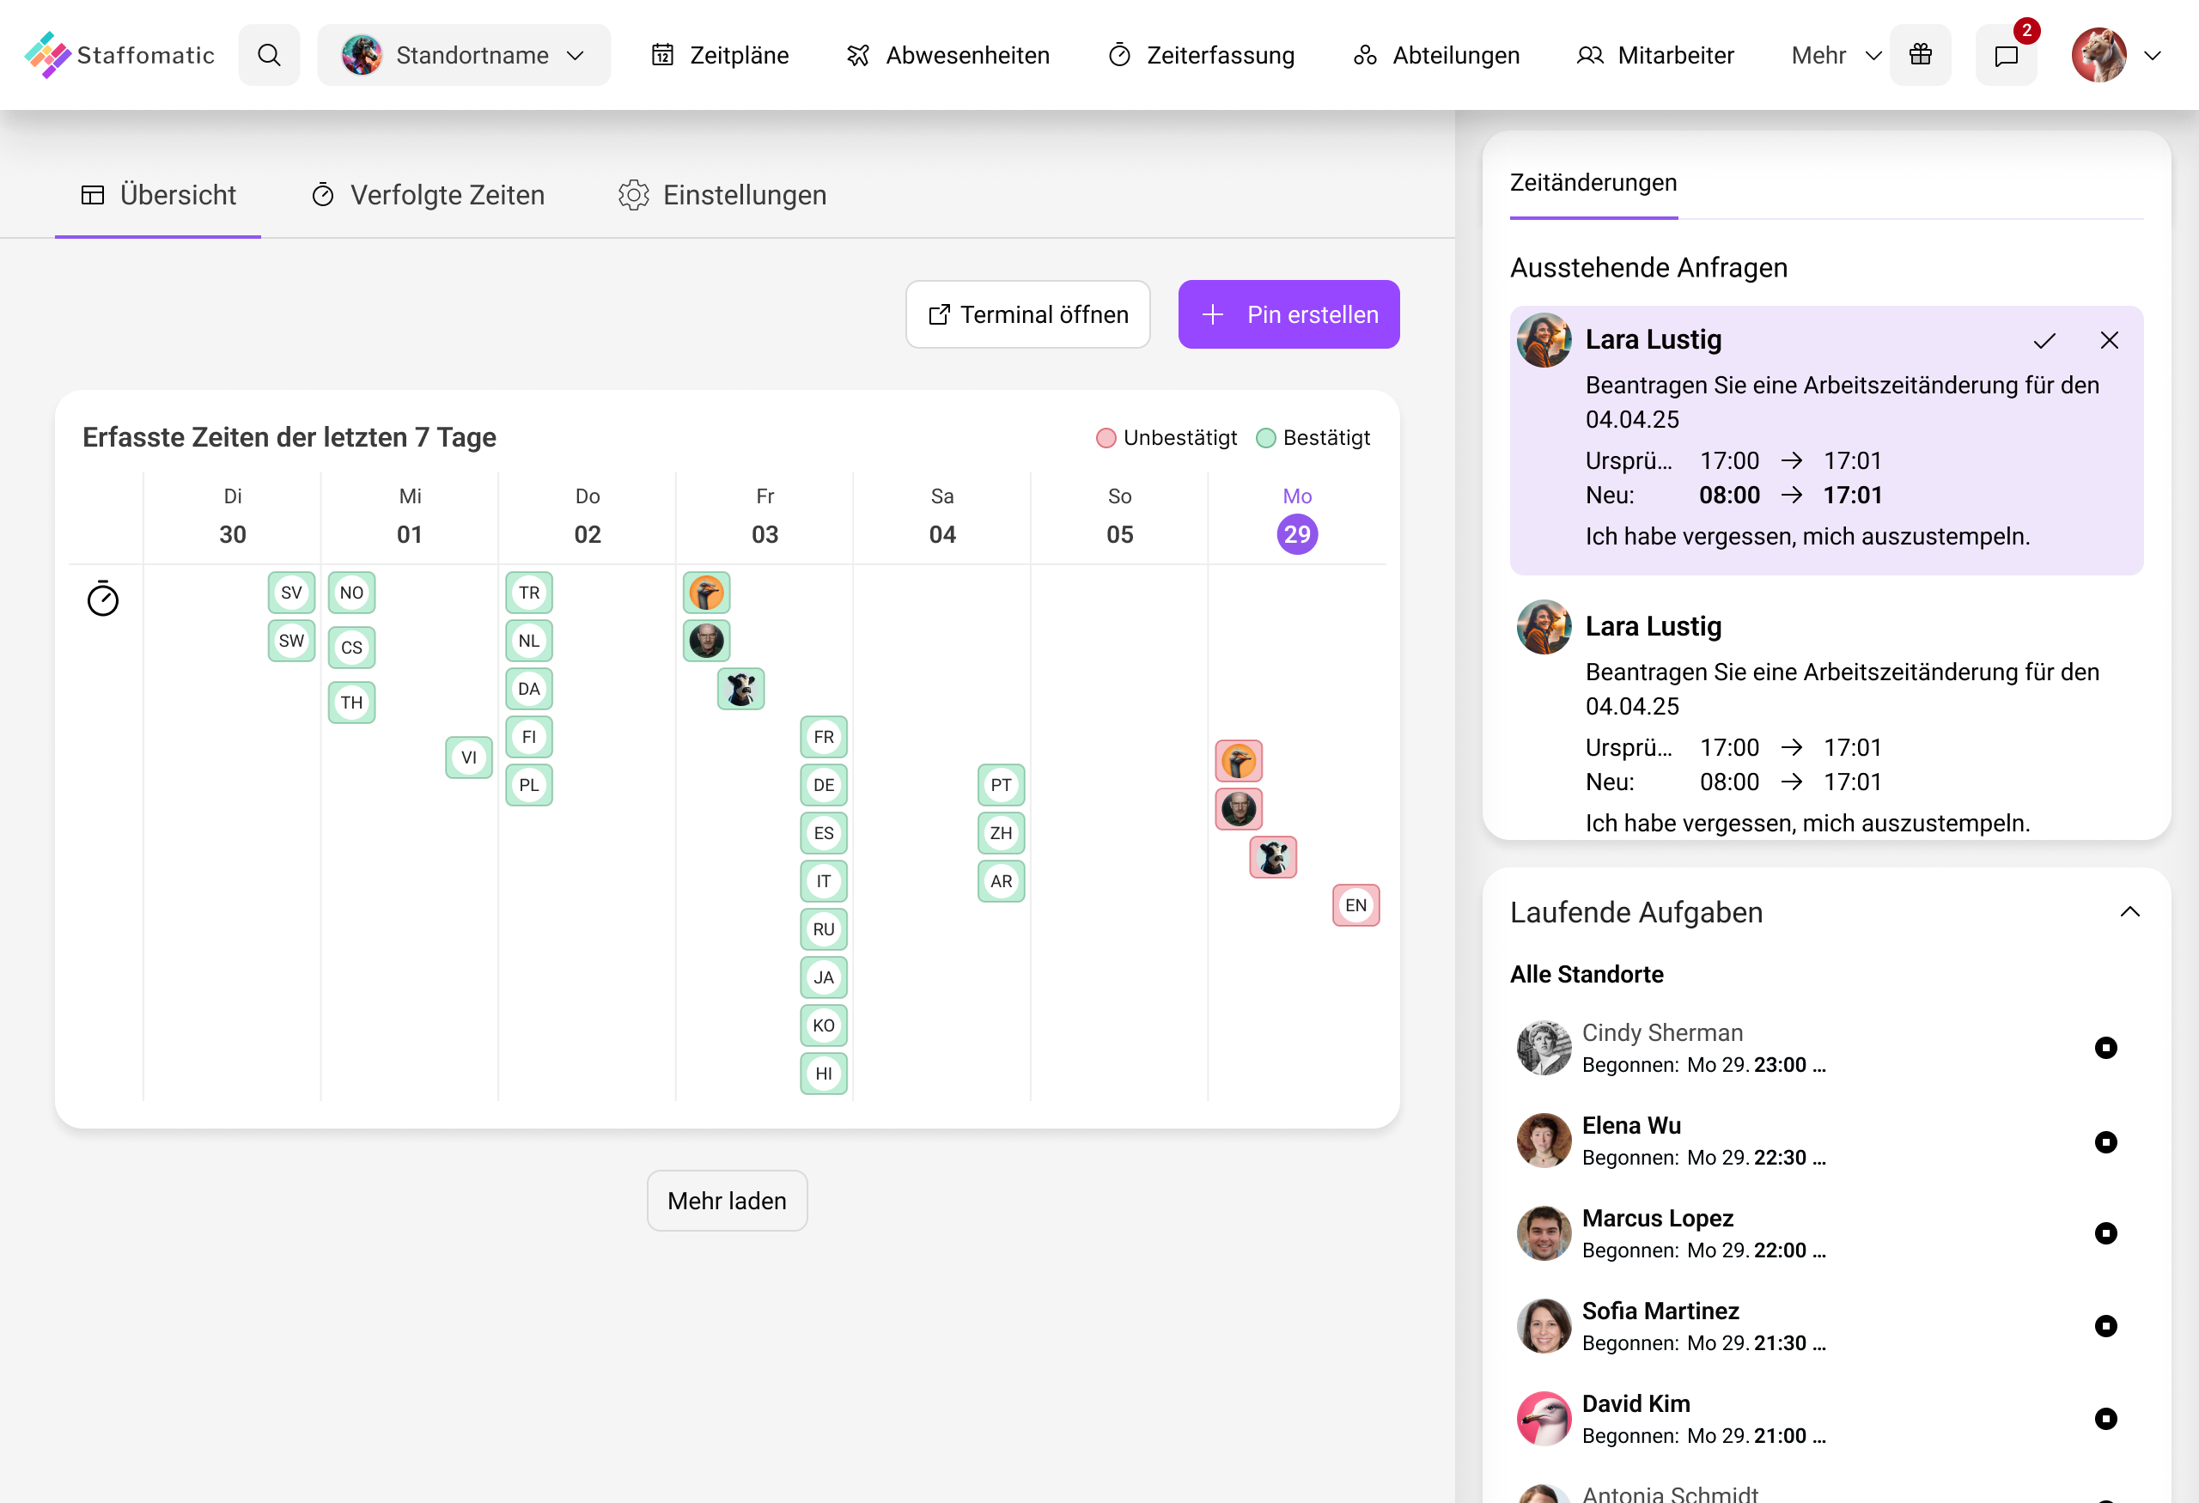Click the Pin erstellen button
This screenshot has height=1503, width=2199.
point(1288,314)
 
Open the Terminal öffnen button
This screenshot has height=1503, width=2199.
point(1027,314)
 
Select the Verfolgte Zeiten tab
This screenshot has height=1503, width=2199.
point(428,195)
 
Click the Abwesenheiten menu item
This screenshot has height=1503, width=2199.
point(948,55)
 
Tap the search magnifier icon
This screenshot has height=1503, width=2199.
point(269,55)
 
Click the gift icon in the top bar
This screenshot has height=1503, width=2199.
point(1920,55)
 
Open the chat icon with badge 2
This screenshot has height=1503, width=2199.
point(2005,56)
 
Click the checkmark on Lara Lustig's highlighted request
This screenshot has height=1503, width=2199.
point(2044,340)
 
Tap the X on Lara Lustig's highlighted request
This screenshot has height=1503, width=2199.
point(2108,340)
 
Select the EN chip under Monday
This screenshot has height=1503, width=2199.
point(1355,905)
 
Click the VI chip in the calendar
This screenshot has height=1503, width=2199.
point(468,758)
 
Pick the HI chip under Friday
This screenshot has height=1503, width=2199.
point(823,1074)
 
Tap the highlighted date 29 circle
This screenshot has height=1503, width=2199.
point(1296,534)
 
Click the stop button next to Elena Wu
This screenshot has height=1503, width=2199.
point(2105,1141)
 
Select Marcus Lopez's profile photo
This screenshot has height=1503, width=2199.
point(1544,1232)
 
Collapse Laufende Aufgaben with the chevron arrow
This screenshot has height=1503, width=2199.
point(2129,912)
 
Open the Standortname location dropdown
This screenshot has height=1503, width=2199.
point(464,55)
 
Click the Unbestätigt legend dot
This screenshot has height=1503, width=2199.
point(1106,438)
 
